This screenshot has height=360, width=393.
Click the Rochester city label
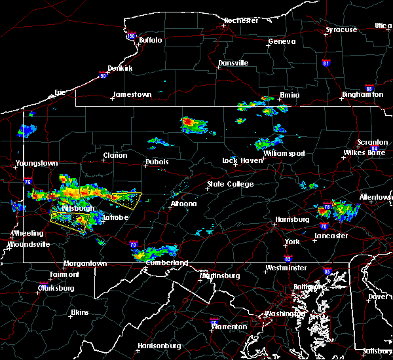[242, 20]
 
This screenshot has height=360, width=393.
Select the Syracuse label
[341, 29]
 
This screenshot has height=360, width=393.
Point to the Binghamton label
[362, 95]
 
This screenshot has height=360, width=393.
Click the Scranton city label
[372, 143]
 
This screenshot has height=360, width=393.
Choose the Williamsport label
[284, 153]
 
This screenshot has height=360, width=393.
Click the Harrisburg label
[291, 219]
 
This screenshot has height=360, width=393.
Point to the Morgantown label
[85, 263]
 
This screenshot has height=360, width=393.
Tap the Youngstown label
[37, 163]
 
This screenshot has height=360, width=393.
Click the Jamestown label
[132, 94]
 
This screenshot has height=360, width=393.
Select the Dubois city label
[157, 162]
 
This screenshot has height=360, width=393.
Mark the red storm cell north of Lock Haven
[189, 122]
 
